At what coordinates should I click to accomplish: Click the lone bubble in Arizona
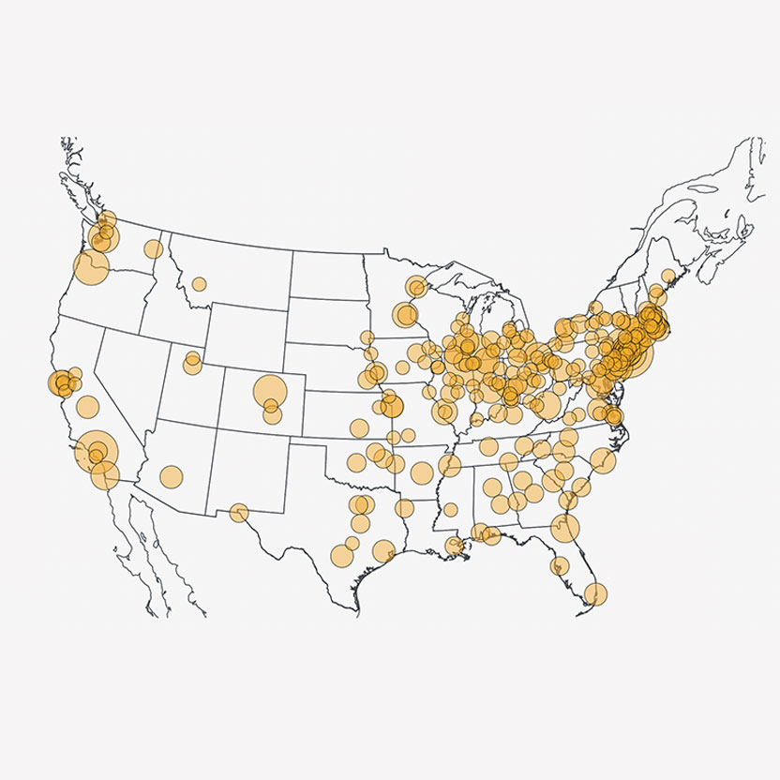click(171, 475)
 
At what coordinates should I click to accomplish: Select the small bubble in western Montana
click(199, 283)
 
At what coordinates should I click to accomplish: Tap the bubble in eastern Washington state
click(153, 248)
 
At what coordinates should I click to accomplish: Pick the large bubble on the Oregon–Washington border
click(91, 267)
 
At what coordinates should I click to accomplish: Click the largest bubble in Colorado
click(270, 389)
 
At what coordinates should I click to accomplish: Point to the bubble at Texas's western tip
click(239, 513)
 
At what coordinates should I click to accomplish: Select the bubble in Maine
click(667, 277)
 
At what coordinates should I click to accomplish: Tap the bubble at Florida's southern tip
click(595, 592)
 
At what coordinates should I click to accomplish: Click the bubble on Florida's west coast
click(561, 565)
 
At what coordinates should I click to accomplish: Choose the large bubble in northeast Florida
click(565, 528)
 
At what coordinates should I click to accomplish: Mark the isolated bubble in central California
click(88, 407)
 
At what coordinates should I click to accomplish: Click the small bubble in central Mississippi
click(451, 510)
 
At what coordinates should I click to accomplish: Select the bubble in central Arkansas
click(421, 472)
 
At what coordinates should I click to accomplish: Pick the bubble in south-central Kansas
click(358, 428)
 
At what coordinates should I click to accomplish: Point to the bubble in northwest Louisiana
click(404, 509)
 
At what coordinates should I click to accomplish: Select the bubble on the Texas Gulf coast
click(383, 550)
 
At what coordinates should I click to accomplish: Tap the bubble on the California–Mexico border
click(102, 477)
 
